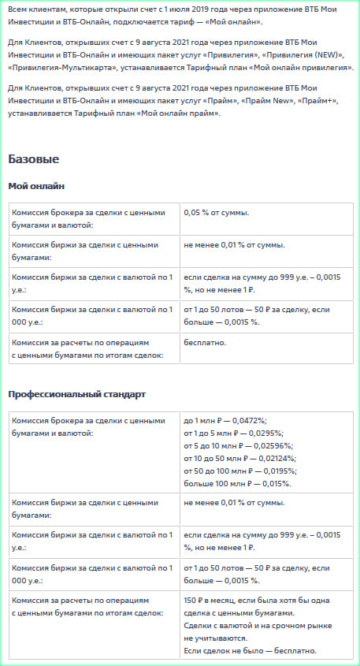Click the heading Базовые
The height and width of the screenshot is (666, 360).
point(33,159)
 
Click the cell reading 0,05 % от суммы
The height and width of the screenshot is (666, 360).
point(216,213)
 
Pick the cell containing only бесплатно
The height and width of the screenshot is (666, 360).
point(205,342)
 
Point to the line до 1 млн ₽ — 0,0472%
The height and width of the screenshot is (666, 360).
point(224,421)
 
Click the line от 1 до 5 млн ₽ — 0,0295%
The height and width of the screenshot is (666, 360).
point(232,433)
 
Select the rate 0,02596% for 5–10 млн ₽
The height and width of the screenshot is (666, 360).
point(269,446)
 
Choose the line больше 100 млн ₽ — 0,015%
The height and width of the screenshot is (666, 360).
point(236,483)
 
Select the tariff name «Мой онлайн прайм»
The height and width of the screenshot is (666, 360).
point(173,113)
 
